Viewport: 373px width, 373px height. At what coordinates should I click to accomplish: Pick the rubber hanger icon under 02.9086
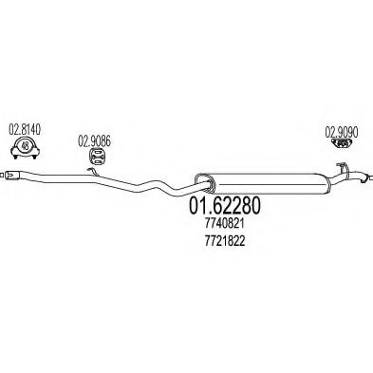pos(96,159)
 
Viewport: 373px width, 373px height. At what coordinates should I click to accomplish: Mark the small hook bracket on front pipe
pos(91,170)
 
